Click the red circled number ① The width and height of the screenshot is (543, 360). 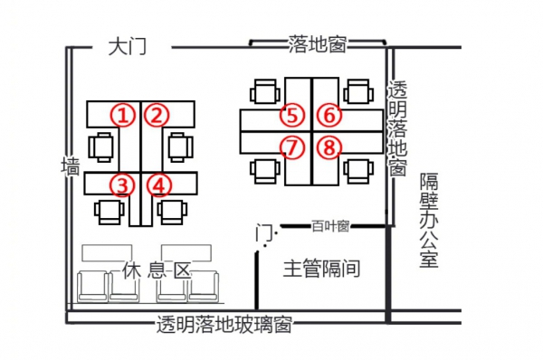point(123,115)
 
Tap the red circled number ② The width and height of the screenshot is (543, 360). point(158,115)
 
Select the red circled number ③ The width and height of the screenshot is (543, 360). point(123,185)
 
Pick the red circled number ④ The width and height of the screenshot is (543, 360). point(159,185)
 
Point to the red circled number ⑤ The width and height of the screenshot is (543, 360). point(291,116)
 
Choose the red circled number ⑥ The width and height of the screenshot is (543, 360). point(329,116)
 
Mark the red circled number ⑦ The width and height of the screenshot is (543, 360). point(291,147)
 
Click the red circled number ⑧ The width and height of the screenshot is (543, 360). point(329,147)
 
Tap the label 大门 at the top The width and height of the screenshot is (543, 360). point(127,45)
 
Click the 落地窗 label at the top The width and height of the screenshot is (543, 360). point(317,44)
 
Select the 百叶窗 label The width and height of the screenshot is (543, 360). point(329,226)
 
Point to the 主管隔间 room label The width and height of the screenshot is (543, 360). point(322,269)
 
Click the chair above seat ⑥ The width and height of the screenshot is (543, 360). point(357,90)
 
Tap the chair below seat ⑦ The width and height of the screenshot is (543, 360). point(263,170)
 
